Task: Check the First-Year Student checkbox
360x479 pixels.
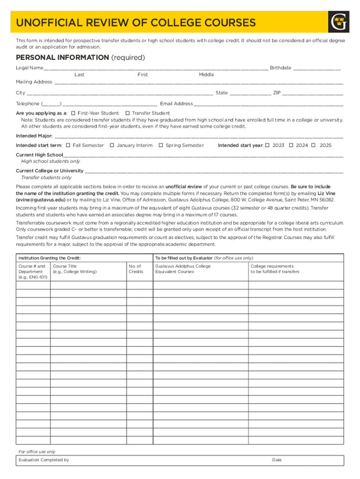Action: point(73,113)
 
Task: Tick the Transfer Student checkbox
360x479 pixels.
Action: point(128,113)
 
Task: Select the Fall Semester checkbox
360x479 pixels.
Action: point(68,145)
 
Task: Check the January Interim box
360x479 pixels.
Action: point(112,145)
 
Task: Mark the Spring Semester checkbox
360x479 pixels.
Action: point(161,145)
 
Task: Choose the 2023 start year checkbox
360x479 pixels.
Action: point(267,145)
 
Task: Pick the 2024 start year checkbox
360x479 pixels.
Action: point(291,145)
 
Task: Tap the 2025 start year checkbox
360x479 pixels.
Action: point(314,145)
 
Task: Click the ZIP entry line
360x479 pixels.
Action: point(313,94)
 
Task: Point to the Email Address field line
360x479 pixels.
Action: point(268,104)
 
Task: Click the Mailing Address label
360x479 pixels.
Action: point(34,82)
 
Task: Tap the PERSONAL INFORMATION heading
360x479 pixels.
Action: point(62,58)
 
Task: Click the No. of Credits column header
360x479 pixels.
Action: point(136,269)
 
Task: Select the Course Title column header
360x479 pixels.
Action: point(75,269)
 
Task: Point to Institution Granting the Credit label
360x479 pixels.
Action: point(50,258)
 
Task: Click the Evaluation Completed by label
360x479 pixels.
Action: point(44,460)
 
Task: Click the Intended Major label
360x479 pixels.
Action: point(34,136)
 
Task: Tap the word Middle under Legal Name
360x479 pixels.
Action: point(206,75)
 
